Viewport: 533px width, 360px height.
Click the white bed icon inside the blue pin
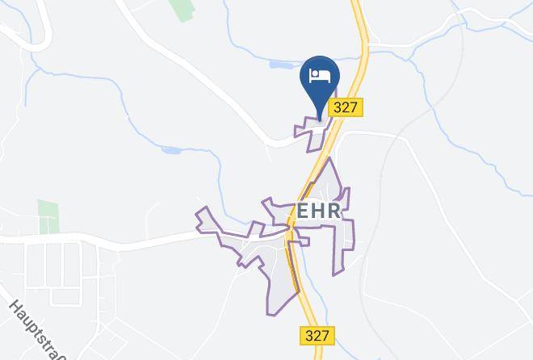[321, 75]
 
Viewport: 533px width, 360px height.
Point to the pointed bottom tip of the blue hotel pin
[321, 119]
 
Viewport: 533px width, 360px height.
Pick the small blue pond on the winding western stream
[172, 149]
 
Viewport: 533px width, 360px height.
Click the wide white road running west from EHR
[121, 240]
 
